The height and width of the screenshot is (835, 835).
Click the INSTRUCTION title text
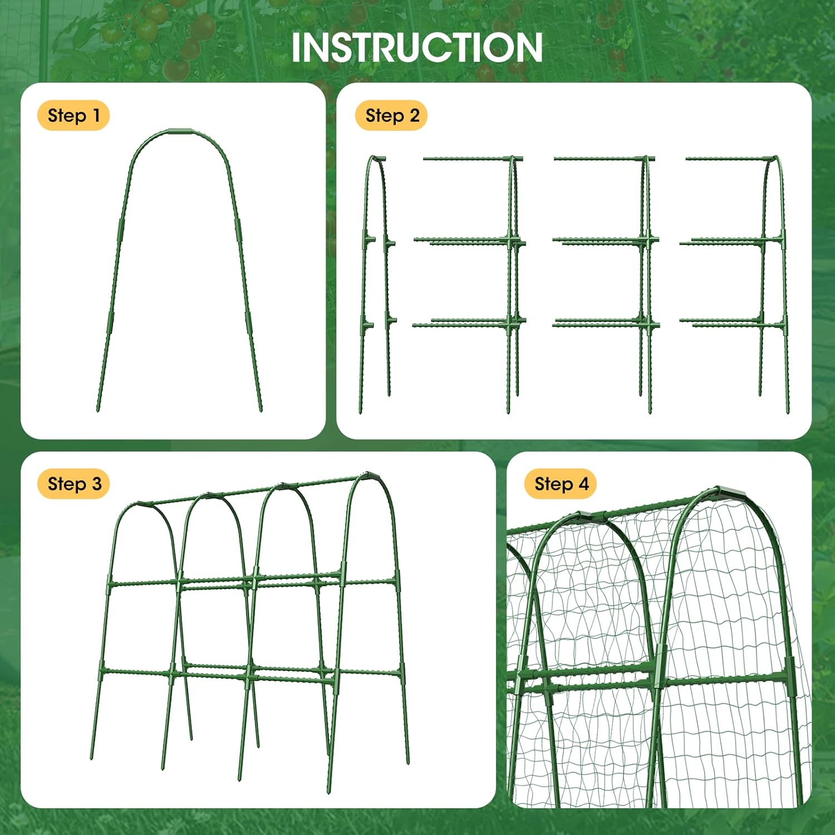(x=417, y=48)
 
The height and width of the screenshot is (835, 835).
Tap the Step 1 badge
(x=73, y=116)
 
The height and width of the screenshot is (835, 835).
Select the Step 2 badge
(x=391, y=116)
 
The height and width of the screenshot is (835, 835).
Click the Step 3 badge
(x=73, y=484)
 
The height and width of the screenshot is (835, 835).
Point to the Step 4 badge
(x=561, y=484)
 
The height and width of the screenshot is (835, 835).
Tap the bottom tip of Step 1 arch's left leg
(x=98, y=410)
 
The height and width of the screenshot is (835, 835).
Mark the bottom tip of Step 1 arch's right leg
(x=261, y=410)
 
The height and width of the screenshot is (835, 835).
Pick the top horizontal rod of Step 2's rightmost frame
(x=729, y=159)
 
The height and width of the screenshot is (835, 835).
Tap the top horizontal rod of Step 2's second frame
(x=468, y=159)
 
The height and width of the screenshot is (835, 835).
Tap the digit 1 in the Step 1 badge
(x=96, y=116)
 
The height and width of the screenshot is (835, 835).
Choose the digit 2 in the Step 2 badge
(x=414, y=116)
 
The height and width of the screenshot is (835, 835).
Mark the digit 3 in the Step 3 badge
(x=96, y=484)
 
